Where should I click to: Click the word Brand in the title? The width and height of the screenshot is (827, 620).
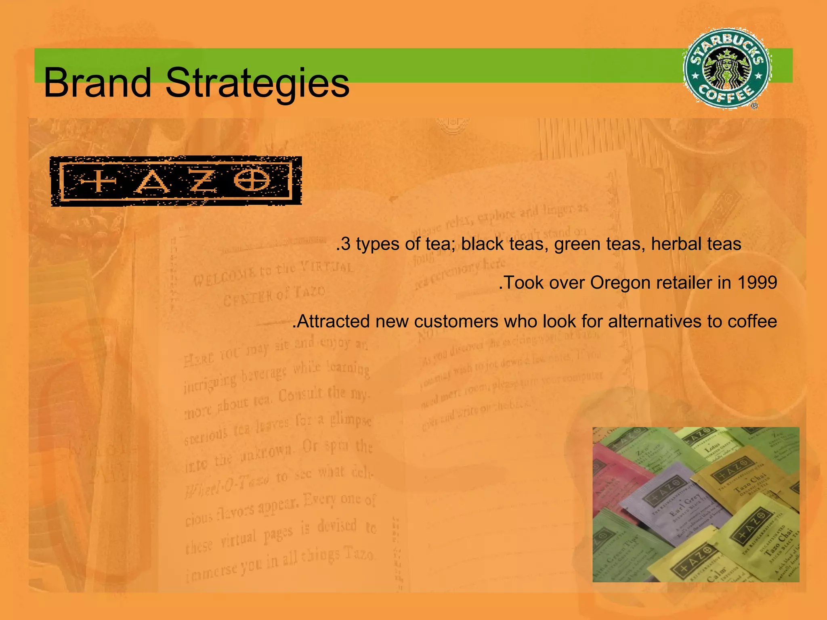[x=97, y=83]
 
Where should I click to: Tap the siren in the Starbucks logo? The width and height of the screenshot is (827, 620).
[x=727, y=68]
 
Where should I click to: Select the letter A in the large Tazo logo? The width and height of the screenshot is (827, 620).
[x=152, y=182]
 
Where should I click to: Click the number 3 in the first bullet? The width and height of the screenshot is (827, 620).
[x=345, y=244]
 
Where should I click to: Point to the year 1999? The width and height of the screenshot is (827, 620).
[x=757, y=283]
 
